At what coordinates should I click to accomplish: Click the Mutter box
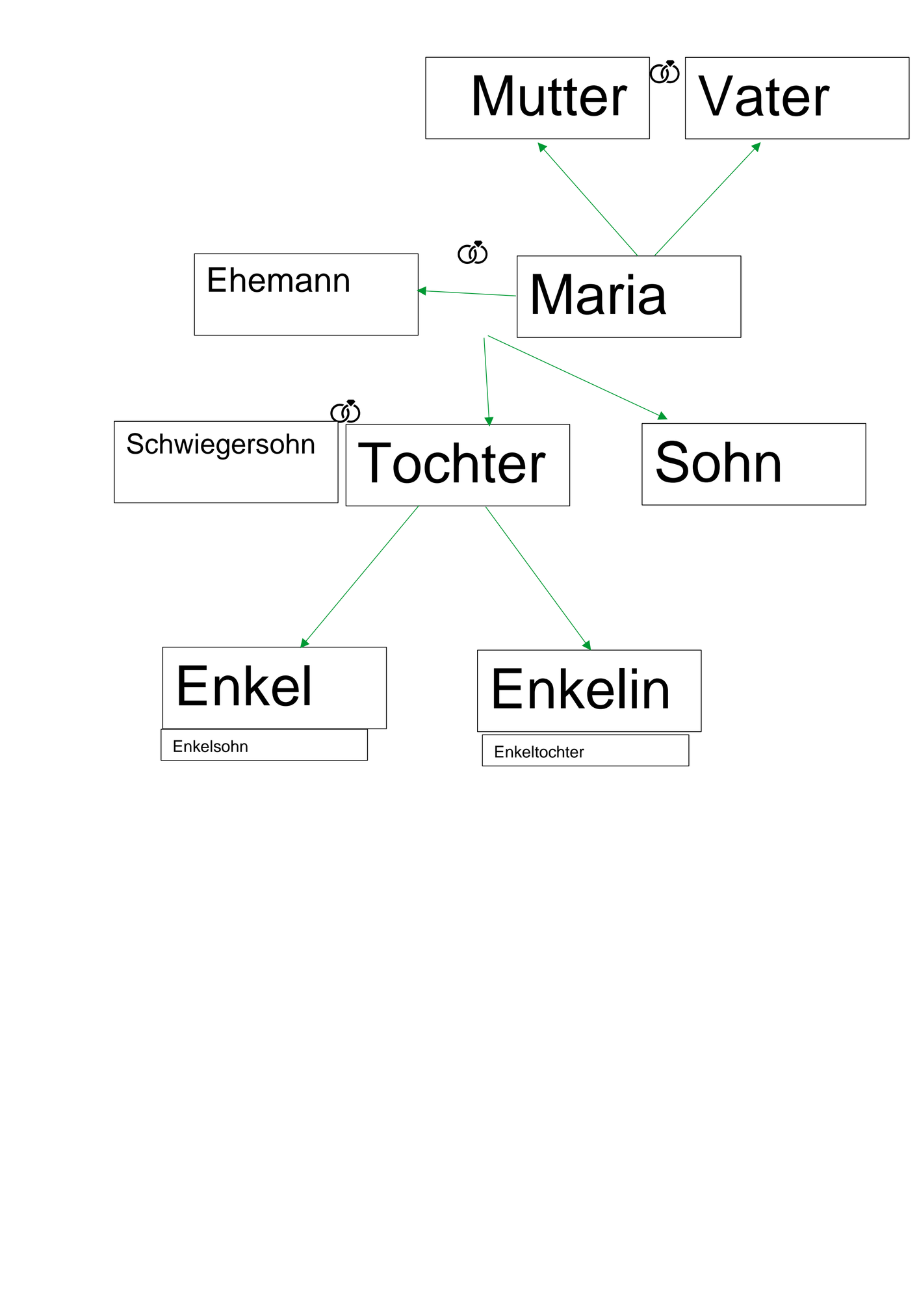tap(537, 98)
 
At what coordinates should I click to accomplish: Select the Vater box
tap(797, 98)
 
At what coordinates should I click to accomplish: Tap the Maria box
tap(628, 296)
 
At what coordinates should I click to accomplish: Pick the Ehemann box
tap(306, 294)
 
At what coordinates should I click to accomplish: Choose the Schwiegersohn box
tap(226, 461)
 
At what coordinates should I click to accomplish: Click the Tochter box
tap(458, 465)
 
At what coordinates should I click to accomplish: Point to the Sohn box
tap(754, 464)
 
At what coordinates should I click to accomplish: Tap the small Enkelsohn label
tap(210, 746)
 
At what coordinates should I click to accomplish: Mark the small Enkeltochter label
tap(539, 752)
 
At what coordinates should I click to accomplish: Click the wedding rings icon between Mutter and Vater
tap(665, 72)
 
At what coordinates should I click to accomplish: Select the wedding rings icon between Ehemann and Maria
tap(472, 252)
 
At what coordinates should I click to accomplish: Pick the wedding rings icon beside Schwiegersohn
tap(345, 411)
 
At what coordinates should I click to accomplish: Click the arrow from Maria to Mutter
tap(588, 199)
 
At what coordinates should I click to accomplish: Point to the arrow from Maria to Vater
tap(707, 199)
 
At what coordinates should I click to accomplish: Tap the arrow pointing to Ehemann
tap(467, 293)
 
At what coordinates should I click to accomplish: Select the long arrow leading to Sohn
tap(578, 378)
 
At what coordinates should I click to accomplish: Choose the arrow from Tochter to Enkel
tap(359, 577)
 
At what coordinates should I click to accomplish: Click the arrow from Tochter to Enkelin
tap(538, 578)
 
